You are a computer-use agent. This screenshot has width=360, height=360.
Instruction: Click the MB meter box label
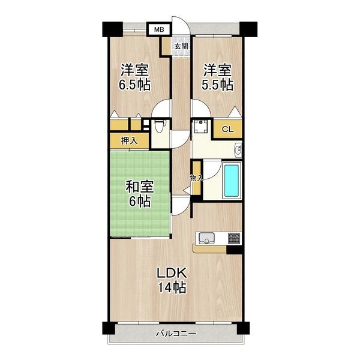[x=159, y=29]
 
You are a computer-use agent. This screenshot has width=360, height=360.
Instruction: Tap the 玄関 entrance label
[x=181, y=46]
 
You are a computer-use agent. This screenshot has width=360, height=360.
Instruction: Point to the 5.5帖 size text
[x=217, y=84]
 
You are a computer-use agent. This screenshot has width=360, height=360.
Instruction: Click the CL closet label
[x=228, y=129]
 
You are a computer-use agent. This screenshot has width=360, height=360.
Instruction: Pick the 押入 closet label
[x=129, y=141]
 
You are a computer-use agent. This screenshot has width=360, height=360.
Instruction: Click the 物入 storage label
[x=196, y=178]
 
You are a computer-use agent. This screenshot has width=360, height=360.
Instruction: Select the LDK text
[x=172, y=273]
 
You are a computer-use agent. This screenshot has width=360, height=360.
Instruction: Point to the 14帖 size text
[x=172, y=287]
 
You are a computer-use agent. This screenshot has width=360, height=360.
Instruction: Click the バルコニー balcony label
[x=176, y=334]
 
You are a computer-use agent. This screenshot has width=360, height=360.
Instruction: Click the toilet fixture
[x=158, y=127]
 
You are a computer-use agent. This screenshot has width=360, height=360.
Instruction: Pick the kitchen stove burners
[x=233, y=238]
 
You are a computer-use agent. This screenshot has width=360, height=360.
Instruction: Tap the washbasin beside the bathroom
[x=238, y=149]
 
